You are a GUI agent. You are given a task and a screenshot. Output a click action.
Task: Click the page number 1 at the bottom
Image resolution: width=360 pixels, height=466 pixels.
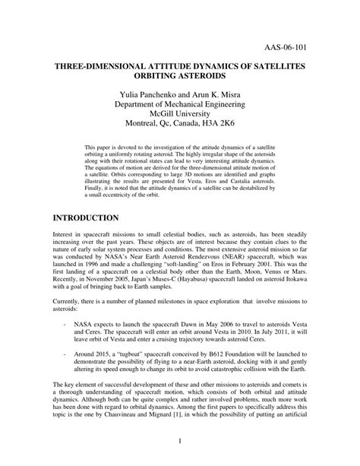[x=180, y=461]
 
